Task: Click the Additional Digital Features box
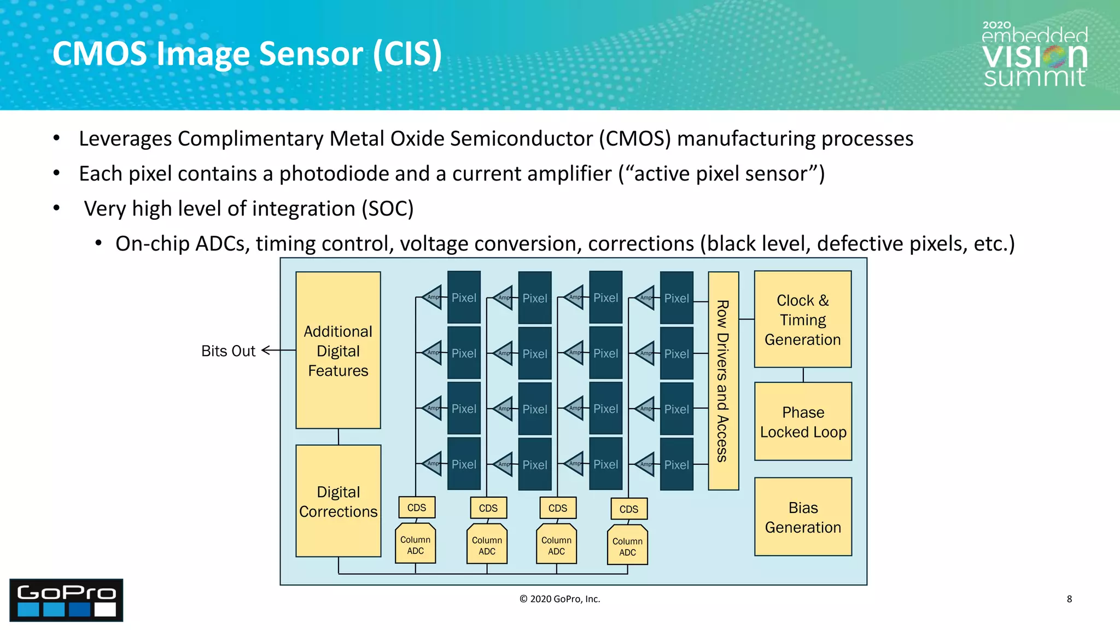338,350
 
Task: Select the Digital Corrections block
338,501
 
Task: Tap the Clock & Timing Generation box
802,319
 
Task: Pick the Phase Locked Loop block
803,422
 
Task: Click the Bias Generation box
803,517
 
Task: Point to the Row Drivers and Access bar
723,381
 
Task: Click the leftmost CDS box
417,507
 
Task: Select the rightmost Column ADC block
627,546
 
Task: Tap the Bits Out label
228,351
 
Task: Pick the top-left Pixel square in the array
464,297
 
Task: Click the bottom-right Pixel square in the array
676,464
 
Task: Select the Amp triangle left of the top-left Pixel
433,297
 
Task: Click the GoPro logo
66,600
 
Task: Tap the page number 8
1069,599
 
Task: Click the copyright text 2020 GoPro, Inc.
559,599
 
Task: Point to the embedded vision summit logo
1034,55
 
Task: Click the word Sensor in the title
311,54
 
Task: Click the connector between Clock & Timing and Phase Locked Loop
803,375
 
